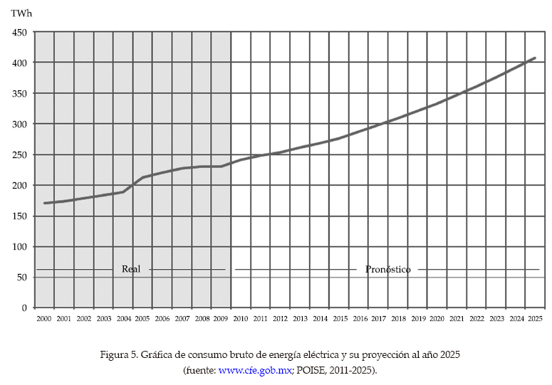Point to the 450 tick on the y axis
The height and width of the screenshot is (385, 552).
pos(20,33)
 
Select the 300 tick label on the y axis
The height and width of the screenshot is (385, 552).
pos(20,125)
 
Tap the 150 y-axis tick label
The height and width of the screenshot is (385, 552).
pos(20,216)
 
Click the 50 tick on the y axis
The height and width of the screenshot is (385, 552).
pos(22,278)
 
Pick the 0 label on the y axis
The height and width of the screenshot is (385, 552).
pos(24,308)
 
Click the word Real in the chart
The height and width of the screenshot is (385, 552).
pos(131,269)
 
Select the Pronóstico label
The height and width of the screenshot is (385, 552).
pos(388,270)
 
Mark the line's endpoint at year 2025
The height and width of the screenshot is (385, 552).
pos(535,58)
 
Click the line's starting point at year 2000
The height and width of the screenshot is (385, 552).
pos(44,203)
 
